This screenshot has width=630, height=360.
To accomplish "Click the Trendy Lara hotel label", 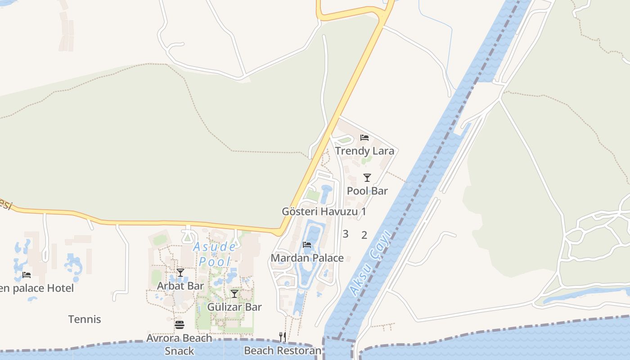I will point(364,151).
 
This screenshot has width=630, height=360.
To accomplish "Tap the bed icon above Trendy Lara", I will point(364,137).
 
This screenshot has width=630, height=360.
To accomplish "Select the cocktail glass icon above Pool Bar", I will point(367,177).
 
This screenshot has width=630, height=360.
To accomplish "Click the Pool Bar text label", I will point(367,191).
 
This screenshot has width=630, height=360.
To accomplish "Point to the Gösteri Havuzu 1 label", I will point(324,211).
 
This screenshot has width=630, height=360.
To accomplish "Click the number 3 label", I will point(346,234).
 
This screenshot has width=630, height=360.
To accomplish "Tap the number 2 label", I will point(364,234).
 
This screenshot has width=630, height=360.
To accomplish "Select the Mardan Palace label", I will point(307,258).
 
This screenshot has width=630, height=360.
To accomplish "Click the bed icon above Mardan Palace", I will point(307,245).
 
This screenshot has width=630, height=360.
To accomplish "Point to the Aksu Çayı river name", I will point(369,268).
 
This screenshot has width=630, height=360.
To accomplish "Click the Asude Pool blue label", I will point(214,254).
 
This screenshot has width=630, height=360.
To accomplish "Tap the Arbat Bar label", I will point(180,286).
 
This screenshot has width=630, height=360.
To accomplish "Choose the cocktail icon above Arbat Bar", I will point(180,273).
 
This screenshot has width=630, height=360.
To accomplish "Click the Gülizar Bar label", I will point(234,307).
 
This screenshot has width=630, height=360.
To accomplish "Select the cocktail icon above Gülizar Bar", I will point(234,294).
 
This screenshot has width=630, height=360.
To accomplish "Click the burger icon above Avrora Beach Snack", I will point(180,325).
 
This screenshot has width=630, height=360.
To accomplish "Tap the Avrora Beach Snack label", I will point(180,344).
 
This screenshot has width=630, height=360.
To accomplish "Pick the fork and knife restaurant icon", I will point(283,337).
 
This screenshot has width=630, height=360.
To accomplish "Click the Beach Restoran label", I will point(283,351).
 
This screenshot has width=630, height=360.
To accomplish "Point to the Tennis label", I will point(85,319).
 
